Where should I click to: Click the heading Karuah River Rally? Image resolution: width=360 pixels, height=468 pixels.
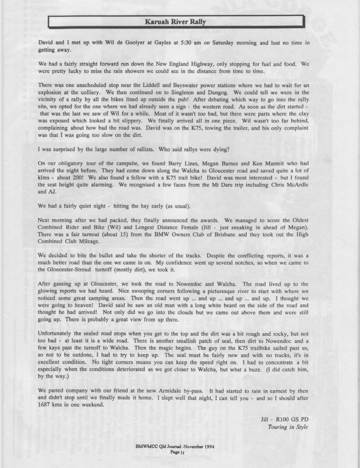click(175, 21)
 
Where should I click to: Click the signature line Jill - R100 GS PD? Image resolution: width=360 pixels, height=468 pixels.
click(284, 419)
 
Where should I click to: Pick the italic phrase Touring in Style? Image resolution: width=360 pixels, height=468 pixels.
click(288, 427)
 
